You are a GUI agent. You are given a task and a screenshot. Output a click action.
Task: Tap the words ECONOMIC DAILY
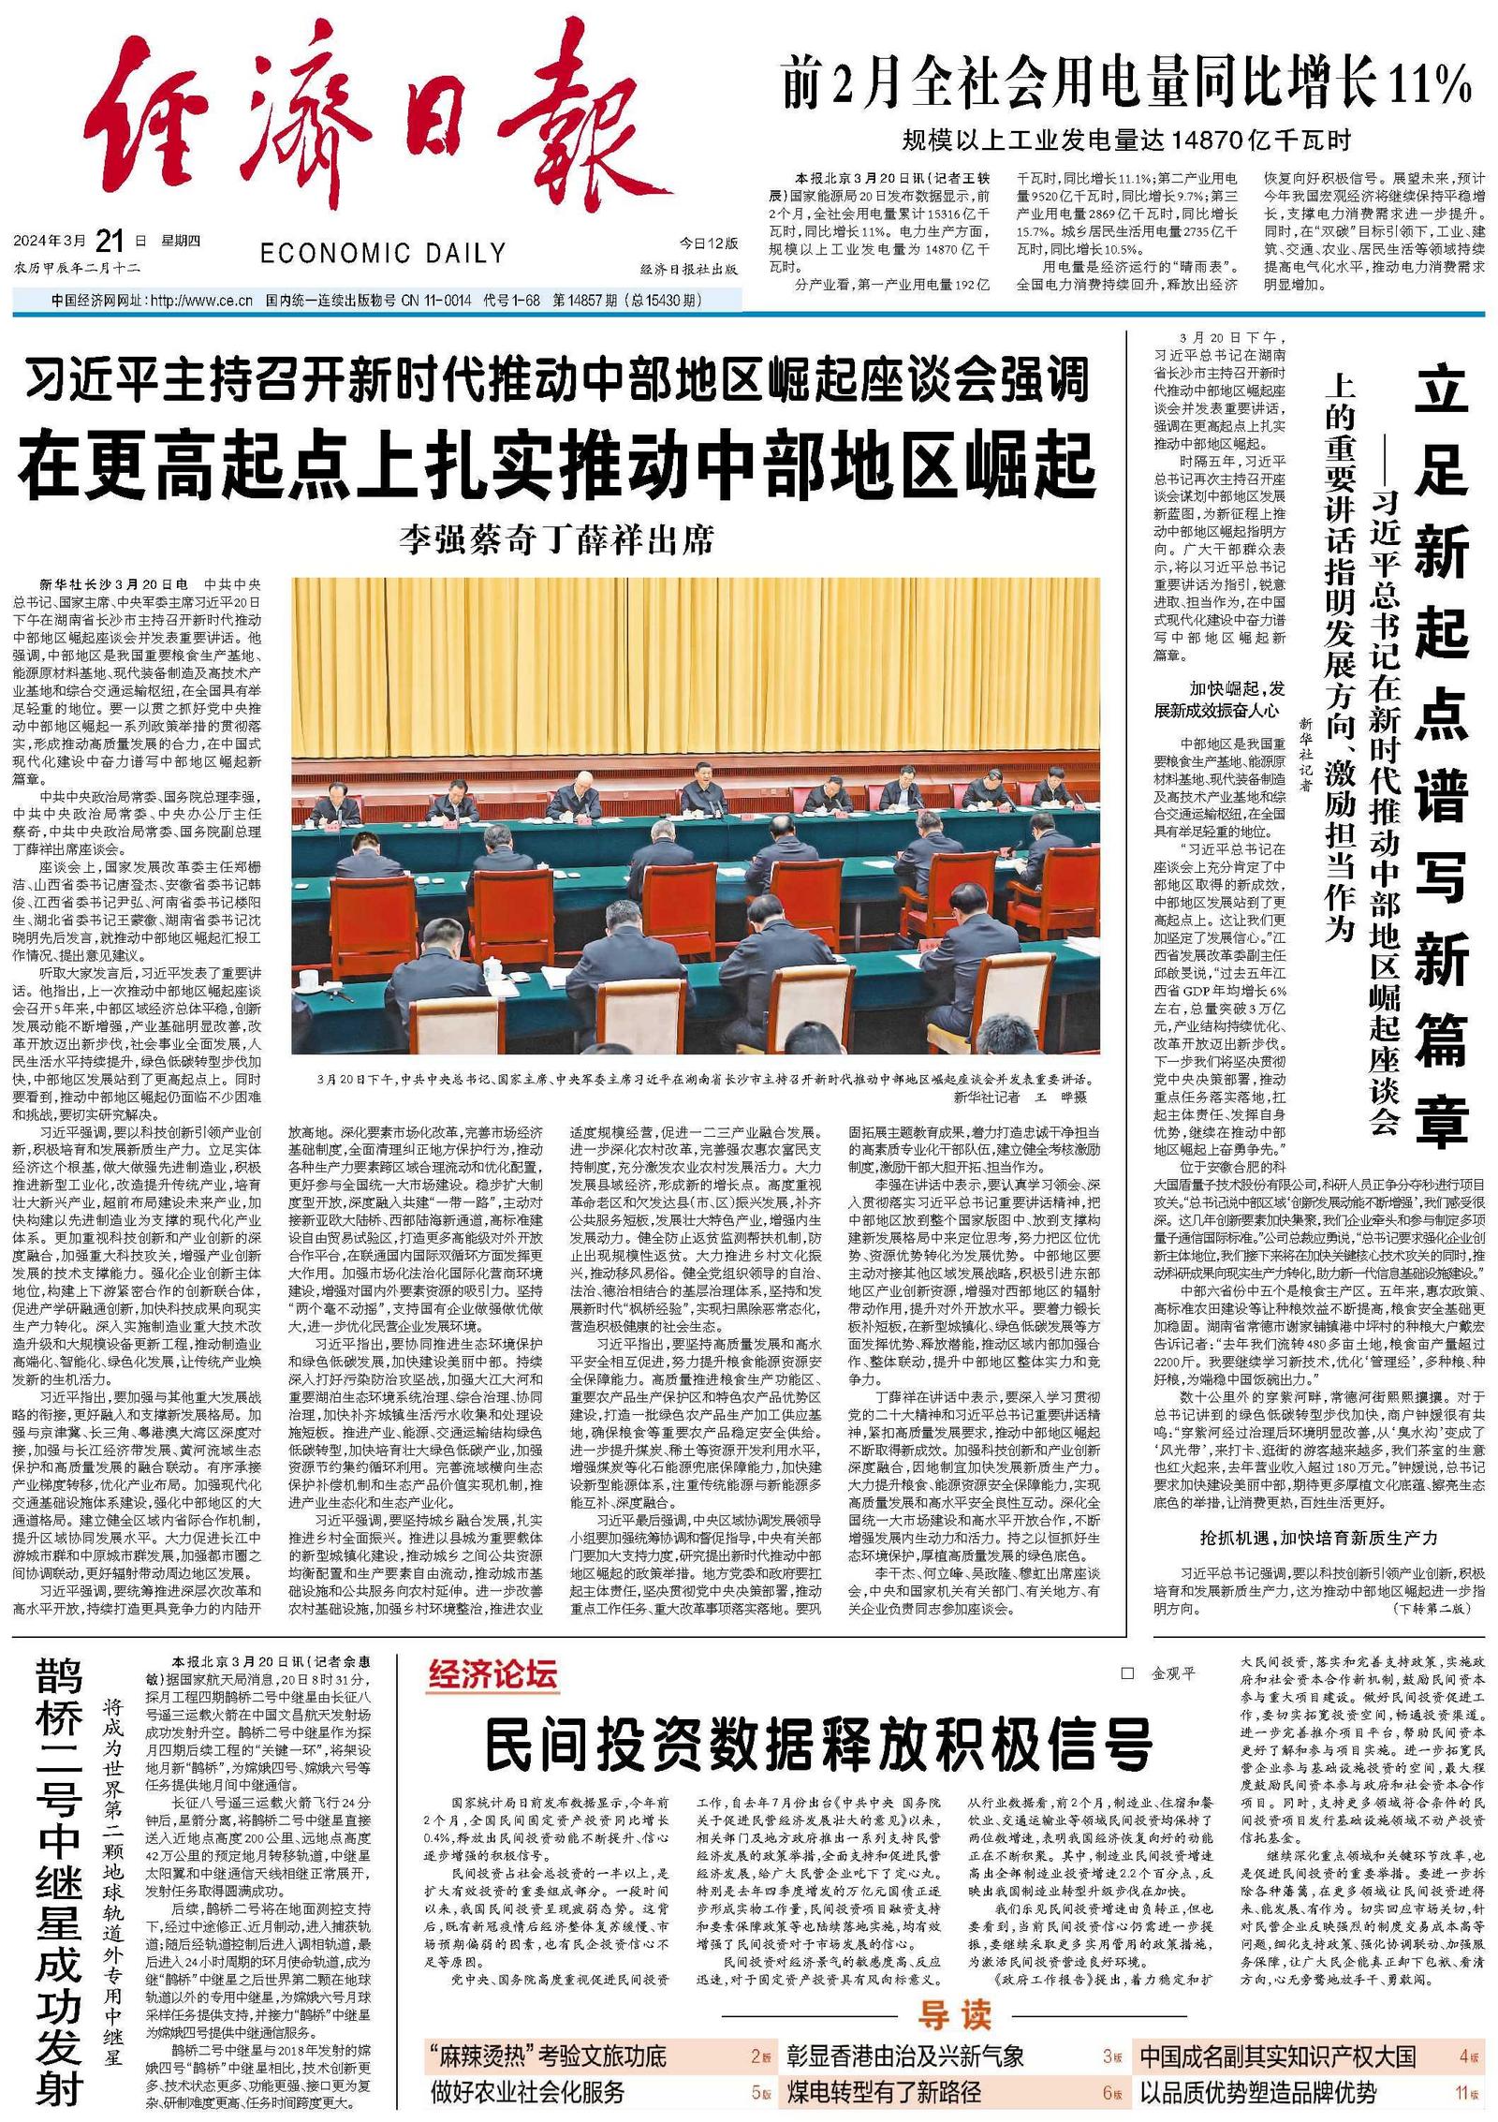click(x=383, y=253)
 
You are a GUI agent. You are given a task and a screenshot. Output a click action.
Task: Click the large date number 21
click(x=110, y=241)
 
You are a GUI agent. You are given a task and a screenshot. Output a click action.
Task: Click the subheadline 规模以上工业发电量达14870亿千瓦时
click(x=1126, y=141)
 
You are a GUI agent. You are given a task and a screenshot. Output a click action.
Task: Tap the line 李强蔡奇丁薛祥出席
click(x=557, y=539)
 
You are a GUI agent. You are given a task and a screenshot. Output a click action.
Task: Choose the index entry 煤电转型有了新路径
click(x=884, y=2093)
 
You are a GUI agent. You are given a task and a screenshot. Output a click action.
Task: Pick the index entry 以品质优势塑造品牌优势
click(x=1258, y=2093)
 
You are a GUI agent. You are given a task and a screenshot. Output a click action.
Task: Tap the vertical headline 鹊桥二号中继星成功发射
click(x=59, y=1882)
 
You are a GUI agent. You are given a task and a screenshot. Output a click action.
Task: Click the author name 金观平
click(x=1173, y=1673)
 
